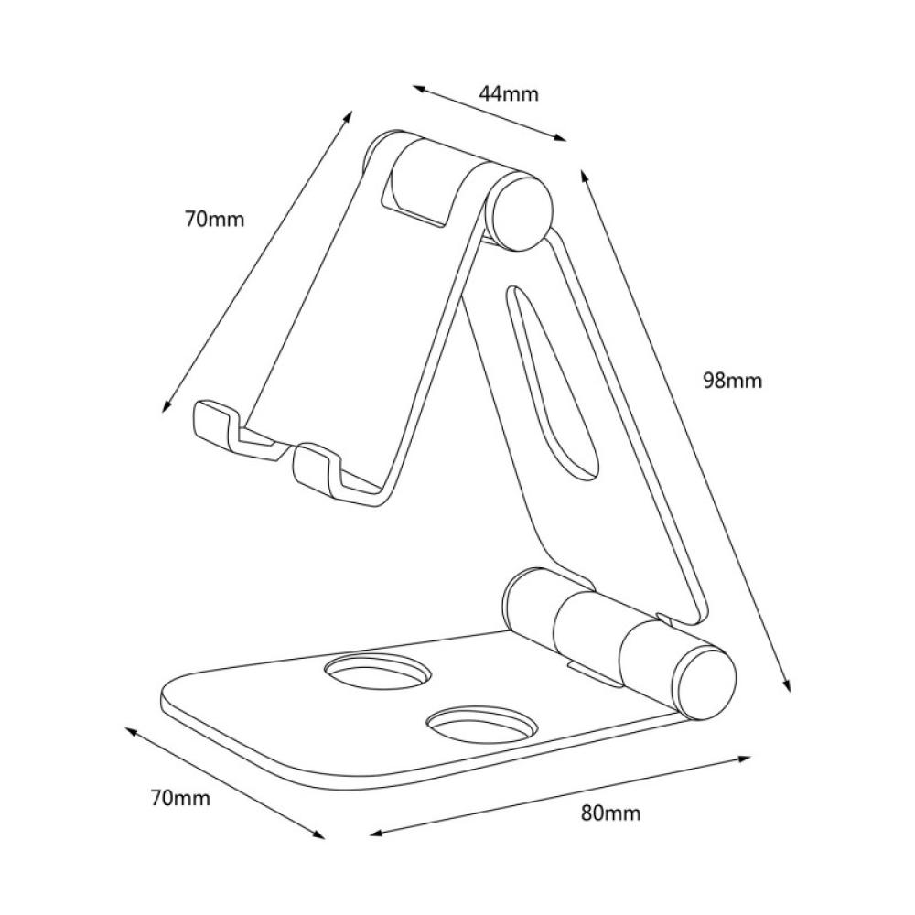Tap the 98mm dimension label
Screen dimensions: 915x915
click(732, 381)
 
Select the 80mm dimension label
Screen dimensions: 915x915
click(610, 813)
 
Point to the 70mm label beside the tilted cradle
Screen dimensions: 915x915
click(215, 219)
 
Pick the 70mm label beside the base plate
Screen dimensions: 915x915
click(179, 798)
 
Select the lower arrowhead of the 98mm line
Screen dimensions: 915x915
click(787, 692)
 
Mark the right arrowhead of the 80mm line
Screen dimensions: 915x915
click(748, 758)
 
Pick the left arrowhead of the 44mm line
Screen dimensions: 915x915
click(415, 88)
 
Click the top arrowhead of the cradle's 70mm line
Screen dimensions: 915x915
click(350, 115)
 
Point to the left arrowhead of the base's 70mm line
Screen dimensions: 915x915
click(127, 731)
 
